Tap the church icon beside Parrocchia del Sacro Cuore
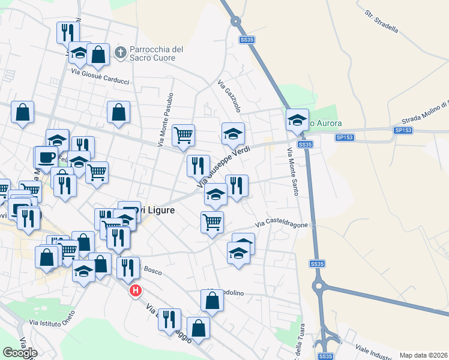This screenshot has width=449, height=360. (x=120, y=53)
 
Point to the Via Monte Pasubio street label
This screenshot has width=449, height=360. (x=165, y=120)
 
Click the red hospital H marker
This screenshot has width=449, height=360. (x=136, y=291)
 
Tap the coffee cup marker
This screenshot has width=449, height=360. (x=46, y=157)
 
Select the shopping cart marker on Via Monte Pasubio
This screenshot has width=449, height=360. (x=184, y=134)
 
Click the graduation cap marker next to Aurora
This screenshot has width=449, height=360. (x=297, y=119)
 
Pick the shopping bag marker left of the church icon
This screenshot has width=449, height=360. (x=98, y=54)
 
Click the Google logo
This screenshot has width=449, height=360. (x=20, y=353)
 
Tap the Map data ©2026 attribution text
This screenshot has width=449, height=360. (x=424, y=355)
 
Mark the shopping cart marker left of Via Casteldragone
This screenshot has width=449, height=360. (x=212, y=221)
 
